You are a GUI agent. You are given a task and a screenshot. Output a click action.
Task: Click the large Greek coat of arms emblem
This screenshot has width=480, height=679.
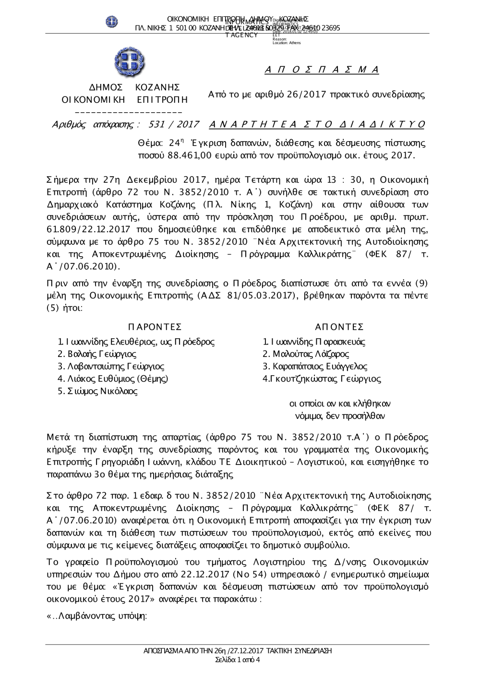129,63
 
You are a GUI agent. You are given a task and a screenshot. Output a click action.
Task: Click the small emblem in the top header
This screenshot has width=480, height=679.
112,21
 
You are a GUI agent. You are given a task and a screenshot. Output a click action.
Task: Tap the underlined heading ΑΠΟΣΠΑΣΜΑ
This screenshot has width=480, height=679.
322,70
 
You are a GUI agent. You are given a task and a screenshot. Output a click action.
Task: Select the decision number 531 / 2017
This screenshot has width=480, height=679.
174,125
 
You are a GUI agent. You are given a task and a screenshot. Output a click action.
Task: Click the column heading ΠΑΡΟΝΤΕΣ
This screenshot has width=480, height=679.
155,327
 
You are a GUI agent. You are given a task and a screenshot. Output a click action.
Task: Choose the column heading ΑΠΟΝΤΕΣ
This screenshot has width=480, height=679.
339,327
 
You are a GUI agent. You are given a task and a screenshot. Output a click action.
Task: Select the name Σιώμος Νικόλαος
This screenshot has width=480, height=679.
98,391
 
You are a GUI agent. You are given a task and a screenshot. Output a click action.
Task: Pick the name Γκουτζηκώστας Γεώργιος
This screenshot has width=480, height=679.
322,379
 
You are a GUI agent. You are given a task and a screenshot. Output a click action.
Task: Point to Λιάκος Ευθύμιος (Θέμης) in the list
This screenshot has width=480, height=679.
113,379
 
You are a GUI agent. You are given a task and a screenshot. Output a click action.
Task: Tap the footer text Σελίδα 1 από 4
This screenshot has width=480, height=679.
238,660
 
